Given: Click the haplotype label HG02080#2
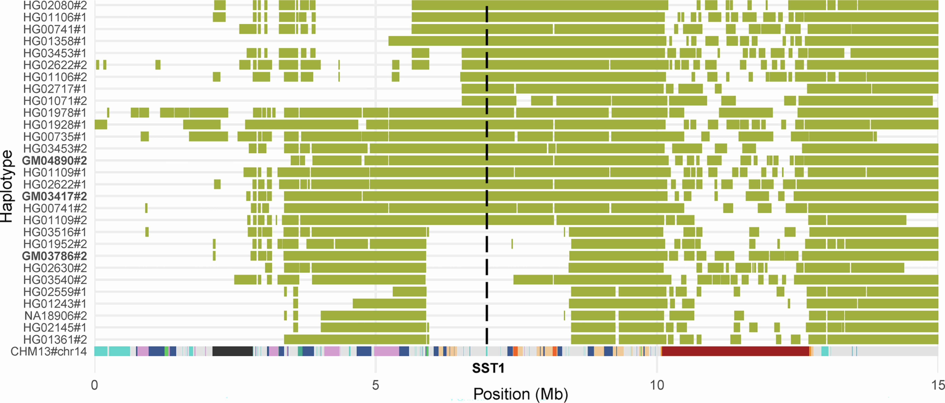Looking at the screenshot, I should [x=55, y=5].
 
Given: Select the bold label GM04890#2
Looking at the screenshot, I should [x=54, y=161].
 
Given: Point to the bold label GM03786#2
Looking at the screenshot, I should [x=54, y=256].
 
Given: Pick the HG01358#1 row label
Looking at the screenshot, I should [x=55, y=41].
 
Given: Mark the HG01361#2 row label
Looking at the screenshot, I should [x=55, y=340].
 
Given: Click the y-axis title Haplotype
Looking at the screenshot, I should [x=7, y=186].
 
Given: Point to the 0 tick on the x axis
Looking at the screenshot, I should [x=95, y=385].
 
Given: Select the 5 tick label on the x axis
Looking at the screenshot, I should [x=375, y=385].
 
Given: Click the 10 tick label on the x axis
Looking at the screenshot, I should [x=657, y=385].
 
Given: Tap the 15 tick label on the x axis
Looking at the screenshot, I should [x=937, y=385].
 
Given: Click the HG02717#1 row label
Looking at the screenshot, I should [x=55, y=89].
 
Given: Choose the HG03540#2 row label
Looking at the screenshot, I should [x=55, y=280].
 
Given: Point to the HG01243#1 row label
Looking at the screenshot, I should [x=55, y=304].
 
